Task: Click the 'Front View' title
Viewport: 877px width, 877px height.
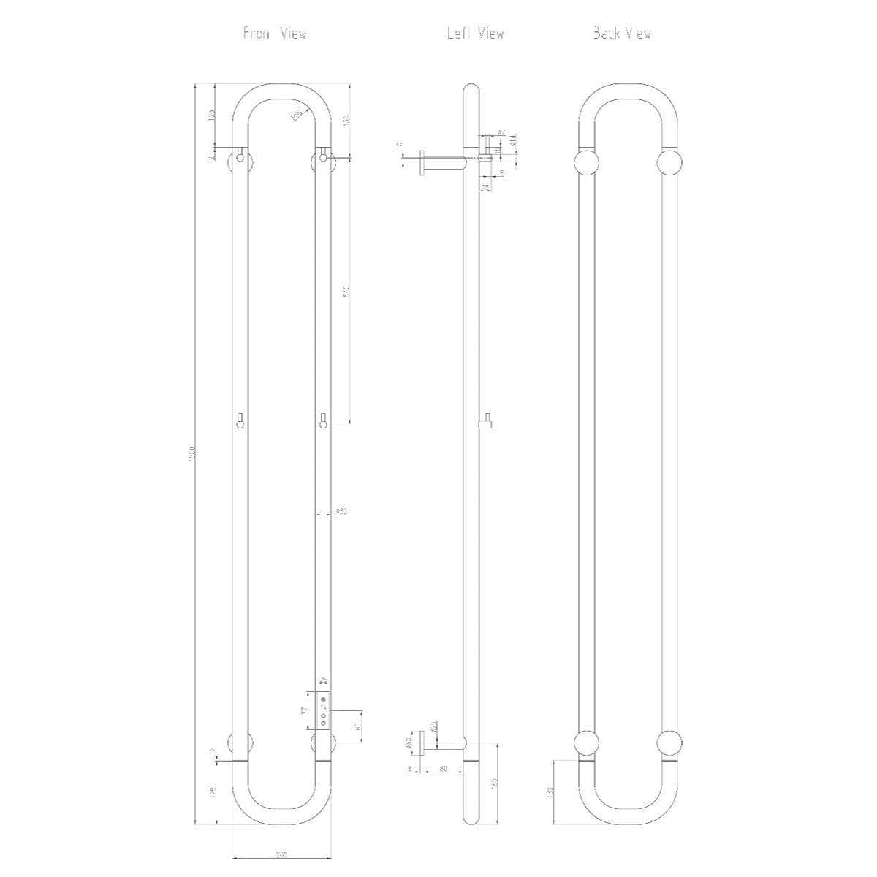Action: coord(275,34)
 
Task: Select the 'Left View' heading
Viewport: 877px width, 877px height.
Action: coord(476,34)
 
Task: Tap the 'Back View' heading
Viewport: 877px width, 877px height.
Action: coord(622,34)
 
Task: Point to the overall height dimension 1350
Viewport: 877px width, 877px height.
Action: coord(192,454)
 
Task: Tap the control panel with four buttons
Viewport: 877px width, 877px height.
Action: coord(323,708)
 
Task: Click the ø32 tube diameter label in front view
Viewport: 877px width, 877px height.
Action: coord(341,511)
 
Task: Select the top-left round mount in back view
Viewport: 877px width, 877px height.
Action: coord(586,162)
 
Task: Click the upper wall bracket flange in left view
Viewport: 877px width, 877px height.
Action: coord(422,162)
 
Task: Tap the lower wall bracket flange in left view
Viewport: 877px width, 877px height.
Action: coord(422,743)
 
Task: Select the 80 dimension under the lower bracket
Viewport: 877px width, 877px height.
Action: coord(443,768)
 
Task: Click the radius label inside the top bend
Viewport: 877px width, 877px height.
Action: coord(297,115)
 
